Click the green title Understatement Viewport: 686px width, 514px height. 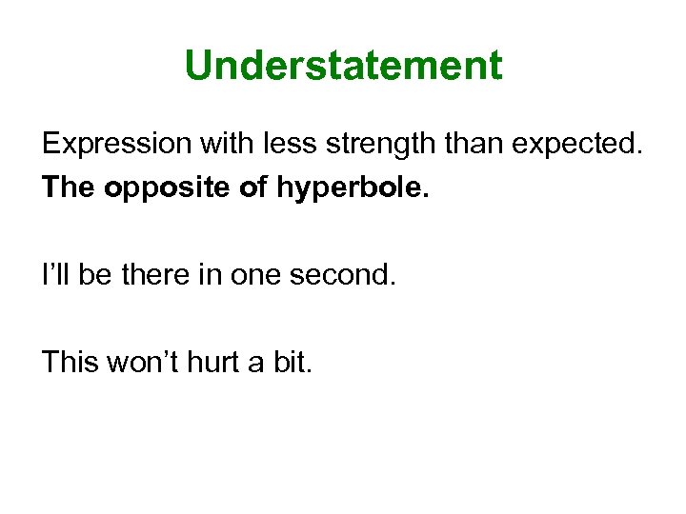(343, 66)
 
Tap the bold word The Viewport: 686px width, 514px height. (70, 188)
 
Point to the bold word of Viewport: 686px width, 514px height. (253, 188)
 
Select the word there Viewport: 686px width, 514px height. (161, 277)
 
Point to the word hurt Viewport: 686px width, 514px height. (212, 363)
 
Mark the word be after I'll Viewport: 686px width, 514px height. (95, 277)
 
